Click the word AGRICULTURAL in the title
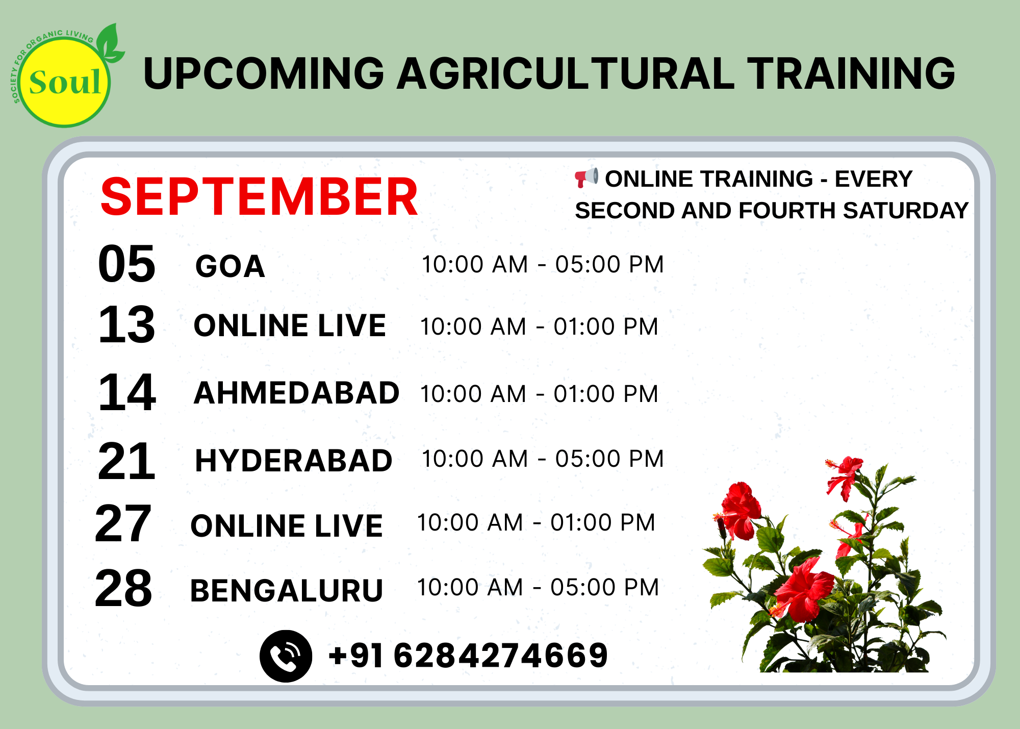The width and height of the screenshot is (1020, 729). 566,73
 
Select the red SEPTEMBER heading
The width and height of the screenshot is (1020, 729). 259,197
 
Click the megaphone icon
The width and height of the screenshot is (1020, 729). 586,177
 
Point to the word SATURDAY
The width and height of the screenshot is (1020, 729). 905,211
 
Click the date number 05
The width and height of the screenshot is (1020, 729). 126,264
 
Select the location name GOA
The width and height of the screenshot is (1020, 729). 230,266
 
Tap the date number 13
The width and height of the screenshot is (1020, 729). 126,324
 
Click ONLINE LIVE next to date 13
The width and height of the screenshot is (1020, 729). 290,325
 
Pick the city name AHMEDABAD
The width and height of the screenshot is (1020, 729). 296,393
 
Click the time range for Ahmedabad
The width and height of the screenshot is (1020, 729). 539,394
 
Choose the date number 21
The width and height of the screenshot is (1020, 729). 126,461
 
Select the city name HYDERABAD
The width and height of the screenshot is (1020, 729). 294,461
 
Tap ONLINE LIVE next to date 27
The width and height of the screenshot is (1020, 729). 286,526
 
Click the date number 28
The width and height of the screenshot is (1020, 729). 123,588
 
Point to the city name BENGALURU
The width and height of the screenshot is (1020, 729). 286,591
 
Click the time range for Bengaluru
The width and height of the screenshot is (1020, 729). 538,587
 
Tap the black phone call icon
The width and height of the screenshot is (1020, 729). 286,656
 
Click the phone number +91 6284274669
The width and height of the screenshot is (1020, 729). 468,656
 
